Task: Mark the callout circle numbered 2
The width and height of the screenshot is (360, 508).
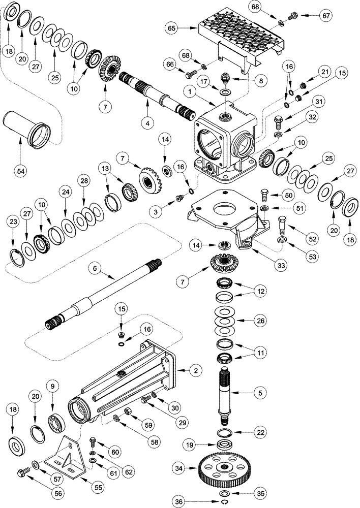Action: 194,371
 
